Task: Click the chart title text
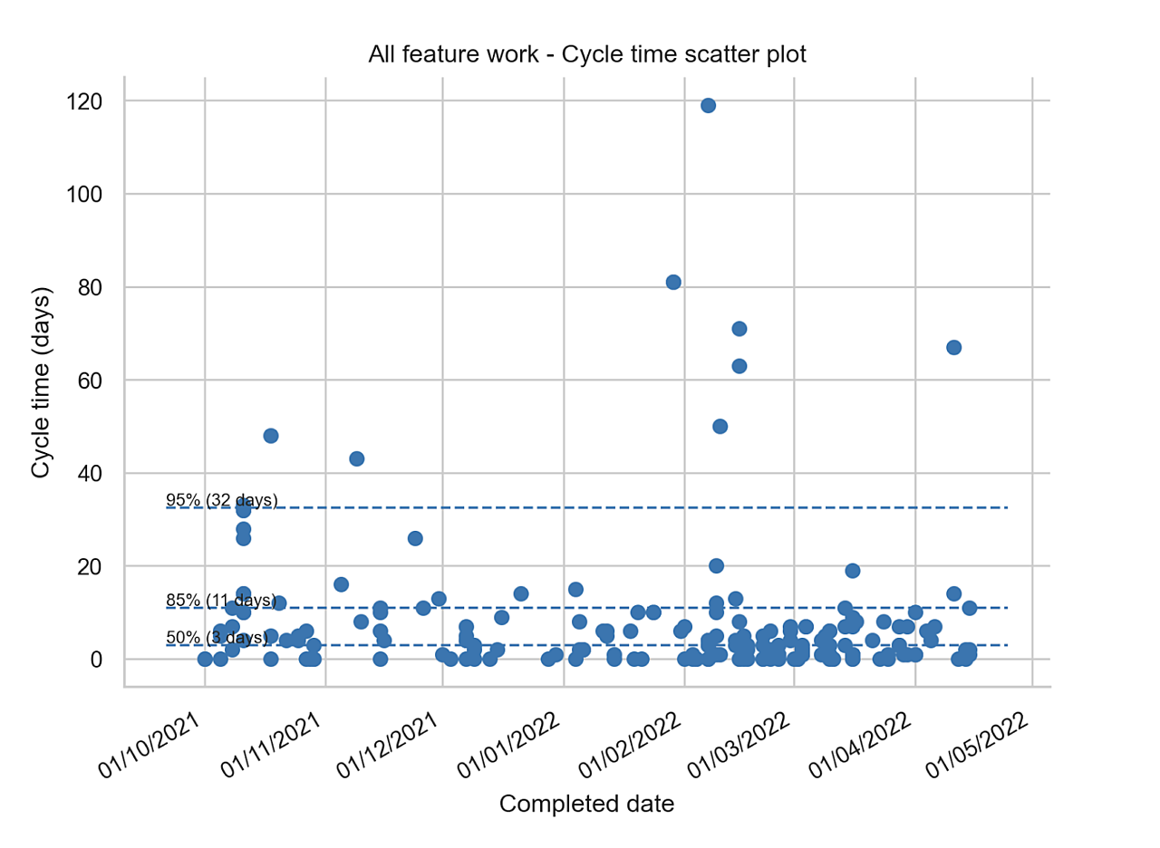586,54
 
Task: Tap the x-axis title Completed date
586,804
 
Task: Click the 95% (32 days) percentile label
221,500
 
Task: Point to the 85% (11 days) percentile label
221,600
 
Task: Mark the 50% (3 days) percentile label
217,638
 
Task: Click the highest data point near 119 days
709,105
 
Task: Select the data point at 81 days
673,282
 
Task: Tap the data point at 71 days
739,328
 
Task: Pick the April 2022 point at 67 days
953,347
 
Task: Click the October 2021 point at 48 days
270,436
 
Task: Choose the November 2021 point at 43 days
357,458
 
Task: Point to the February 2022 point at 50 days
720,426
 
